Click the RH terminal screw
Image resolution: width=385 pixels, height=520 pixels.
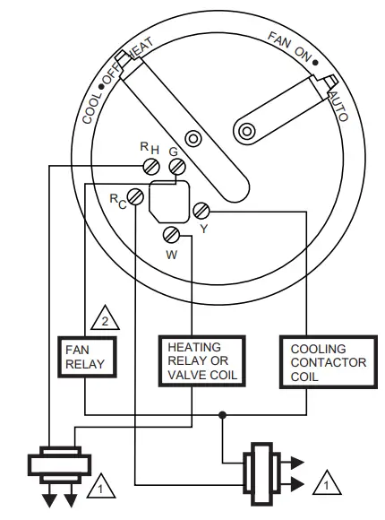[x=152, y=165]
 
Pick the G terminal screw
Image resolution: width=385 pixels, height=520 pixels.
[x=177, y=167]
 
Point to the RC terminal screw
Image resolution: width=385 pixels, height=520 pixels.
[x=135, y=195]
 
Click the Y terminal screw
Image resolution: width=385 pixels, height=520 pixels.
[x=201, y=212]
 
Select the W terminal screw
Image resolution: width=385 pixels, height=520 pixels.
[x=173, y=236]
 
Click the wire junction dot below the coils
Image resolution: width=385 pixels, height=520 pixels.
[x=220, y=413]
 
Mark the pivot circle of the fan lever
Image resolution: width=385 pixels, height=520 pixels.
[x=244, y=132]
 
